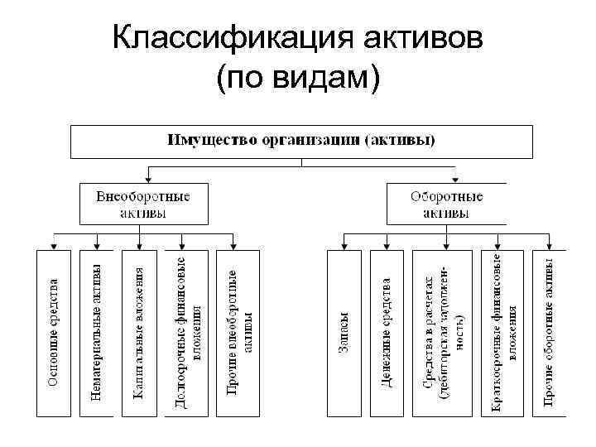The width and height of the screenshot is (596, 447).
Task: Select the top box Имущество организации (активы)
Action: point(300,141)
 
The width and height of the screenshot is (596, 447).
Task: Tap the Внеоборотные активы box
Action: point(143,204)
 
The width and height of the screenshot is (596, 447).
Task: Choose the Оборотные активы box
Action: point(446,204)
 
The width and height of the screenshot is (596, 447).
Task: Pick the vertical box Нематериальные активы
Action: point(97,332)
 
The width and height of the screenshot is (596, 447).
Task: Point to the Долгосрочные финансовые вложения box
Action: point(190,332)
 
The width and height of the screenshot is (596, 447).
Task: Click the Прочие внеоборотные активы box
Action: point(238,332)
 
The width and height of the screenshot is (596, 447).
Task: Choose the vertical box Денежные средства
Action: point(387,332)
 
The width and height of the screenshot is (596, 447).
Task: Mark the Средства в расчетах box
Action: point(445,332)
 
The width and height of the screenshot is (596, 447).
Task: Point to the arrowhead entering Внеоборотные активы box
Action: point(147,177)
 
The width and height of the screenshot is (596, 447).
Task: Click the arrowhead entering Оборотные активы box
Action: point(456,177)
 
